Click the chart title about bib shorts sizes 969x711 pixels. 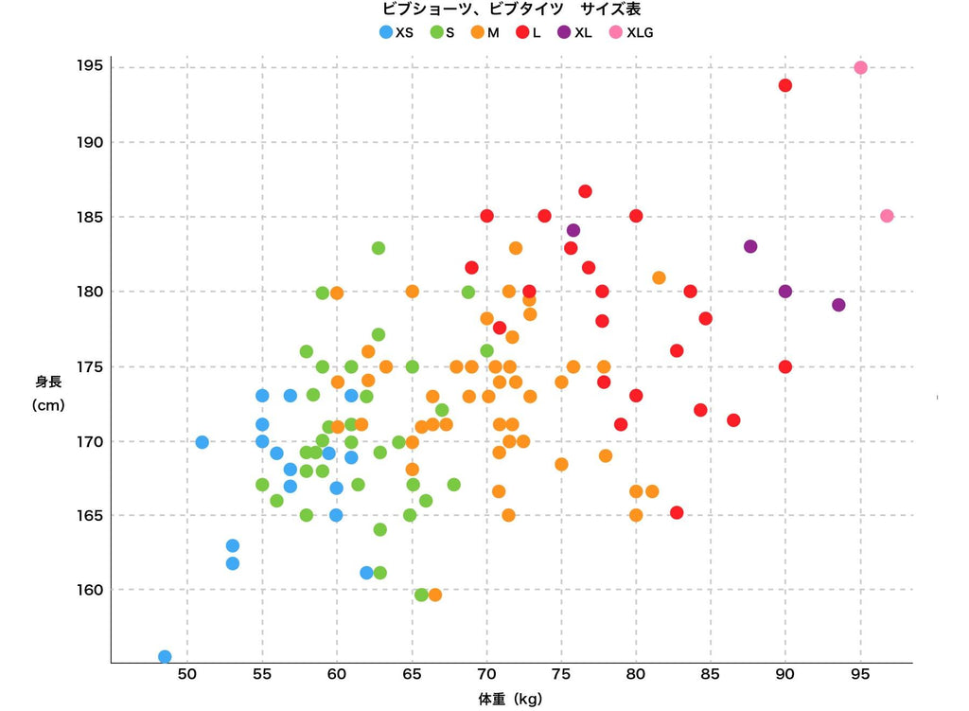(x=511, y=9)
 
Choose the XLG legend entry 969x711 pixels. (x=632, y=32)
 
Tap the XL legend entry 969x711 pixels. (x=574, y=32)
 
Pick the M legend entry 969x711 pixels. (x=484, y=32)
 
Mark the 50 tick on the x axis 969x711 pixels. (x=187, y=675)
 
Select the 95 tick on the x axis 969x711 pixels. (x=860, y=675)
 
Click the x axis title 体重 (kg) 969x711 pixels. (x=511, y=700)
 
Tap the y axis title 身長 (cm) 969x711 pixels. (x=48, y=393)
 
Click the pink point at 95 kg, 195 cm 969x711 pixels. (x=860, y=67)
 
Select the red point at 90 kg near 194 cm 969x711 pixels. (x=785, y=85)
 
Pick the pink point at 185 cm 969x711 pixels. (x=887, y=216)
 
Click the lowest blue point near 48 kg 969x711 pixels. (x=165, y=656)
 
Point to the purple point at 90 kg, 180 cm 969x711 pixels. (x=785, y=291)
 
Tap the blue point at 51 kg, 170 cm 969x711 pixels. (x=202, y=442)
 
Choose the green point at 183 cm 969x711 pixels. (x=379, y=248)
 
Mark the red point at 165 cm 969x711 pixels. (x=677, y=512)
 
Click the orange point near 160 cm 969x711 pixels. (x=435, y=595)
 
